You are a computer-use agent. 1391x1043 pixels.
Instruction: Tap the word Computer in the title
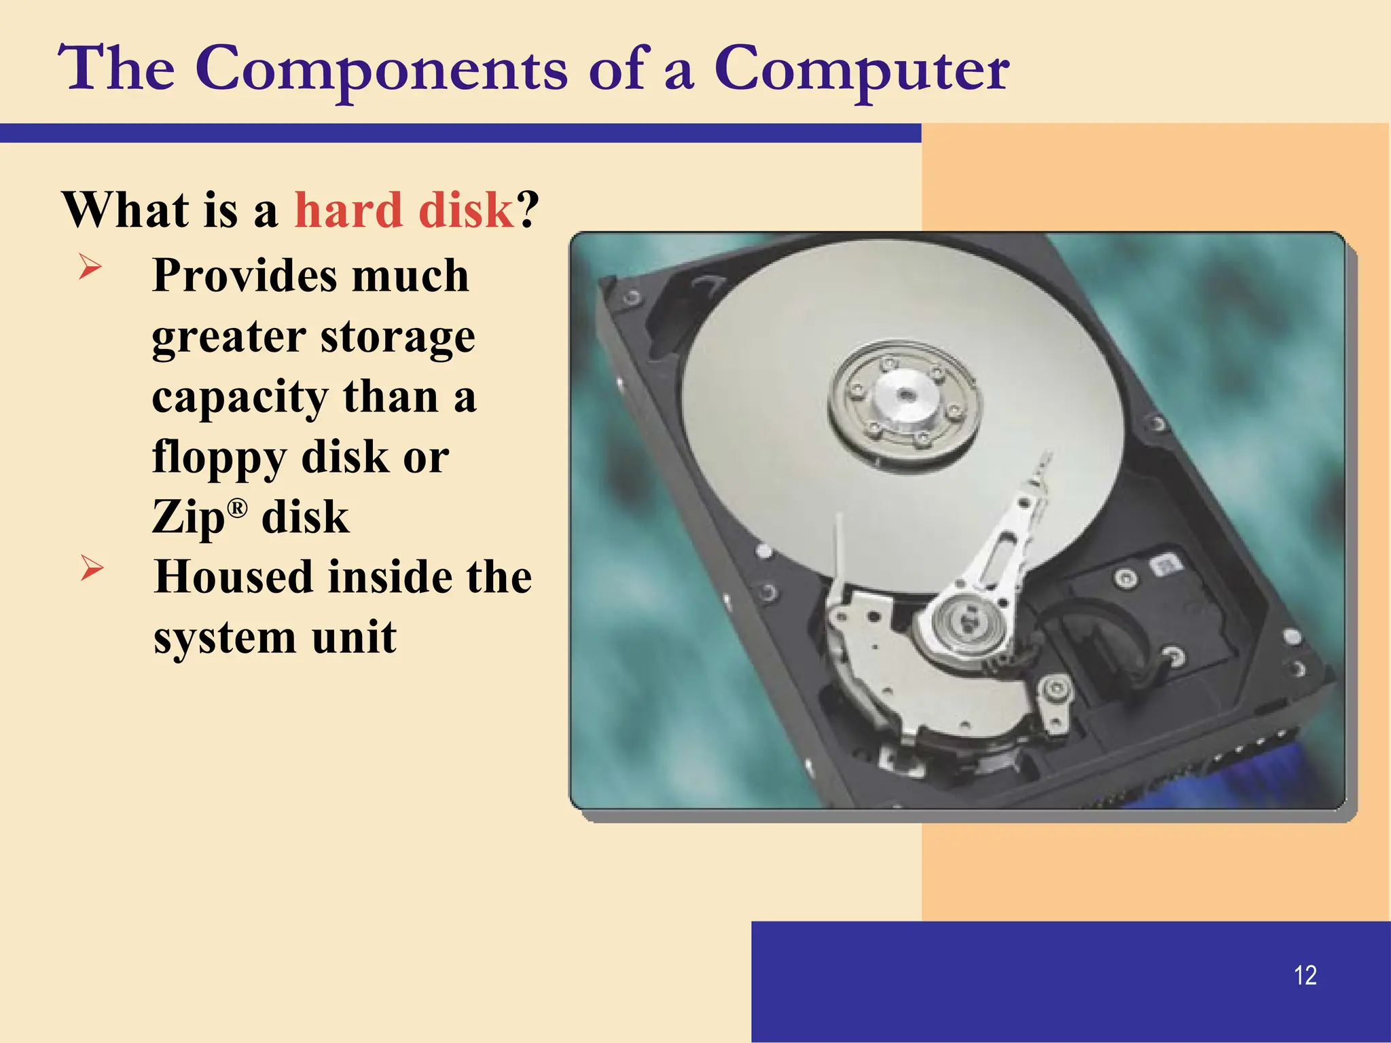pyautogui.click(x=861, y=69)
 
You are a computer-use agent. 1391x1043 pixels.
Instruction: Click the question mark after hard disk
pyautogui.click(x=528, y=210)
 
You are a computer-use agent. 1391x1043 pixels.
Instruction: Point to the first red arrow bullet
pyautogui.click(x=90, y=266)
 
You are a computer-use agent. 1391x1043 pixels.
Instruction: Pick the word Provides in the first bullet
pyautogui.click(x=245, y=276)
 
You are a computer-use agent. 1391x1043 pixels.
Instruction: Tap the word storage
pyautogui.click(x=398, y=337)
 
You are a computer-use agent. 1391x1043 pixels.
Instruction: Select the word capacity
pyautogui.click(x=238, y=397)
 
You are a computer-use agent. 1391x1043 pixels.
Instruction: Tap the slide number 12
pyautogui.click(x=1305, y=975)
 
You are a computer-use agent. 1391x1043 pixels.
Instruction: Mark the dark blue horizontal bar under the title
pyautogui.click(x=460, y=133)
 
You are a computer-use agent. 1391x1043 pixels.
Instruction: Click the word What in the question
pyautogui.click(x=126, y=210)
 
